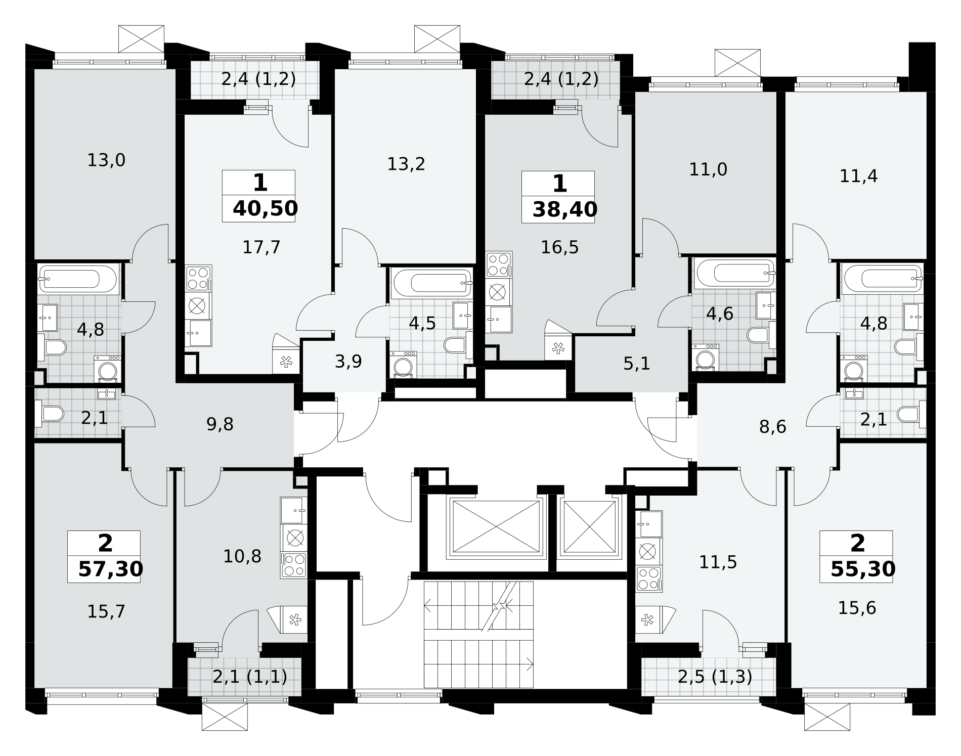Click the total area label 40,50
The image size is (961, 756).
point(265,208)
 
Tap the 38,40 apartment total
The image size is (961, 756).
point(564,209)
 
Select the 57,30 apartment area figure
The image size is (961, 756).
point(111,569)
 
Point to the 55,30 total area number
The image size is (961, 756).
point(863,569)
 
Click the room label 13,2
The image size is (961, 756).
point(406,164)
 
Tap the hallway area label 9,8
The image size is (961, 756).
point(220,424)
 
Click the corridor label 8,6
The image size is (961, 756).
point(773,427)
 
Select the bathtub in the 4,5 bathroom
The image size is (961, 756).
point(431,282)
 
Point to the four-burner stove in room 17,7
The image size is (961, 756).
point(198,279)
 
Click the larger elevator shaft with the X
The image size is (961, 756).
point(496,527)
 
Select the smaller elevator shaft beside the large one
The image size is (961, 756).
point(588,527)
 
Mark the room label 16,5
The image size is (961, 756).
point(559,247)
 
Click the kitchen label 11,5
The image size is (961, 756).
point(718,562)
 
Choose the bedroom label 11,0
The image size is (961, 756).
point(708,169)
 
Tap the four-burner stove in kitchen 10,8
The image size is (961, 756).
point(294,565)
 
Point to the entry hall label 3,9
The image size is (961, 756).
point(348,361)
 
